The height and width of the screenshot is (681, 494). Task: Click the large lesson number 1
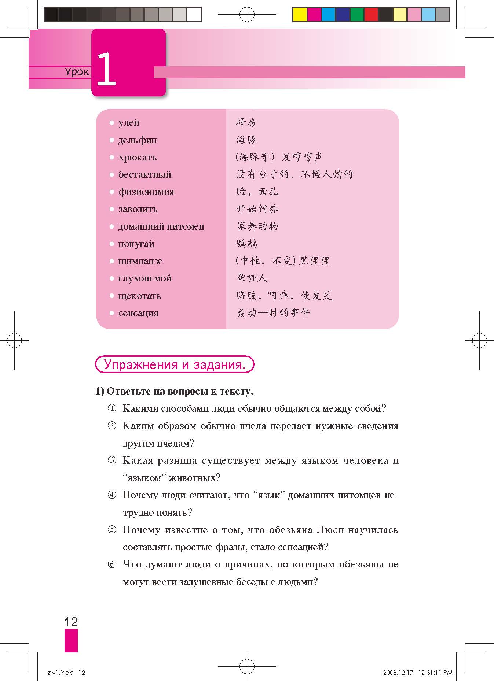(x=106, y=69)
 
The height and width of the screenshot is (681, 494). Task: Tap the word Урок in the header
(x=77, y=71)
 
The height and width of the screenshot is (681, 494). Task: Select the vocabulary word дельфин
(x=137, y=140)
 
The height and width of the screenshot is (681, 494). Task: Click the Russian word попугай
(x=136, y=244)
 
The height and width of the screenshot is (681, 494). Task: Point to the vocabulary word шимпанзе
(x=140, y=261)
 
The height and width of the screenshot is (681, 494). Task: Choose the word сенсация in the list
(x=138, y=313)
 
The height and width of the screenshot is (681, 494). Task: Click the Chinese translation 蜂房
(x=246, y=122)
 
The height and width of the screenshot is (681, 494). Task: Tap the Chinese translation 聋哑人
(x=252, y=278)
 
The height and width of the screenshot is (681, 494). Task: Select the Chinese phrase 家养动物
(x=257, y=226)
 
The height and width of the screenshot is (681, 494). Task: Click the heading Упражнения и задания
(x=174, y=364)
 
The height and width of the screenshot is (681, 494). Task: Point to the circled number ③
(x=112, y=460)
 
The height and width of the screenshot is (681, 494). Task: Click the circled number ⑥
(x=112, y=564)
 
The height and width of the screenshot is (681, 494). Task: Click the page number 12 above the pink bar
(x=71, y=622)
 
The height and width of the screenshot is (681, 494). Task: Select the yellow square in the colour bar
(x=300, y=15)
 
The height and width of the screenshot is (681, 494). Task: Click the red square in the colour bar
(x=372, y=15)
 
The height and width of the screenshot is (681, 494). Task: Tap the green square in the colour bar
(x=357, y=15)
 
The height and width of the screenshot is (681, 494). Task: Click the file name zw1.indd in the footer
(x=61, y=673)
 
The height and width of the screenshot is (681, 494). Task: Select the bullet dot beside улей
(x=112, y=123)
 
